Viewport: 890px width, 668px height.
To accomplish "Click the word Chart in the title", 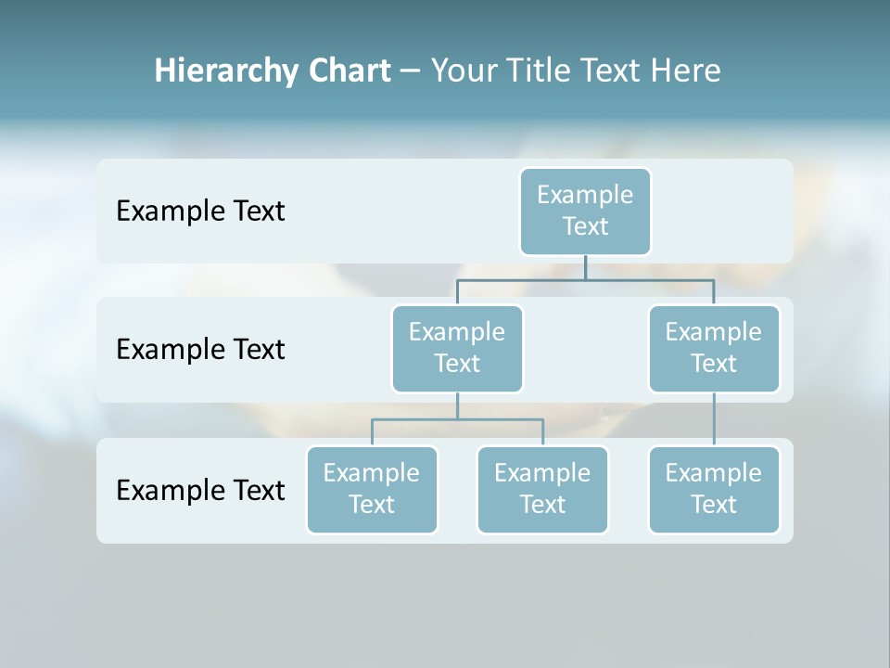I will (350, 71).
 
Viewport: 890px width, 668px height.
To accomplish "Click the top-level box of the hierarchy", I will (585, 211).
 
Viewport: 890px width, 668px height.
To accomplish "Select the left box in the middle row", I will (457, 348).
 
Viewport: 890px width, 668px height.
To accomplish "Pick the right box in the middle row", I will (714, 348).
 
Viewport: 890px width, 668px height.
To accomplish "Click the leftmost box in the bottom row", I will (372, 489).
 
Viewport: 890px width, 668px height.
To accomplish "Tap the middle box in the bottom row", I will (542, 489).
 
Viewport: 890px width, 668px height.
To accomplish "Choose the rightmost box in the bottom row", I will (714, 489).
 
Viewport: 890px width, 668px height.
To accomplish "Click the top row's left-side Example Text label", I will (200, 211).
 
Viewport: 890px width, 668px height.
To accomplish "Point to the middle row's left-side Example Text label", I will (200, 349).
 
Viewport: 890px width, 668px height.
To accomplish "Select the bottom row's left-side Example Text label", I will (200, 490).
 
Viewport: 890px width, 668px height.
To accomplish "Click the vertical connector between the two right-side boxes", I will (714, 419).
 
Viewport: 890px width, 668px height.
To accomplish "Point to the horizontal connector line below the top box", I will (585, 278).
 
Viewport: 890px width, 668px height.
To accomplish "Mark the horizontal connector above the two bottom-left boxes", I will (457, 419).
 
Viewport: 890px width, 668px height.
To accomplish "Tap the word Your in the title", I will (462, 71).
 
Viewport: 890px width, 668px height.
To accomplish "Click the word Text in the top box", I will (585, 226).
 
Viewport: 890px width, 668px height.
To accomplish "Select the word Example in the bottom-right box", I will (714, 473).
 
